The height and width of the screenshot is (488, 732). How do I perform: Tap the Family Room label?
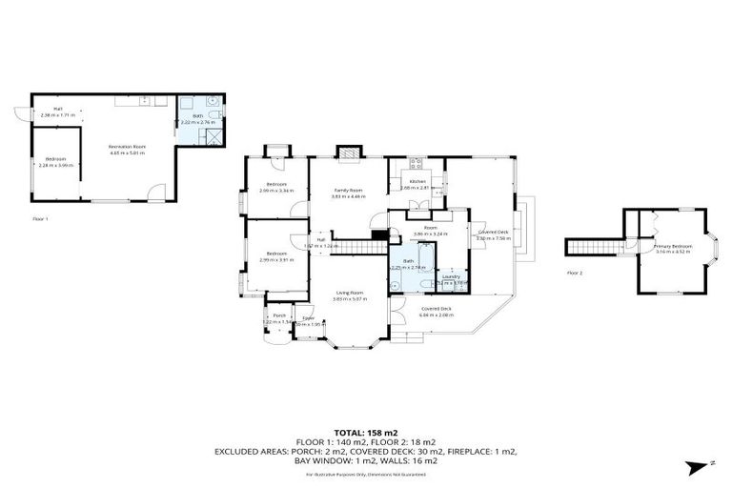coord(349,190)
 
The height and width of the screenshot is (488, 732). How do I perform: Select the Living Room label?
coord(349,293)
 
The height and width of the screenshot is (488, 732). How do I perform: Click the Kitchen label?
coord(417,181)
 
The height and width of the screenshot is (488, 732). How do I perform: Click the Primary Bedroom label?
coord(672,246)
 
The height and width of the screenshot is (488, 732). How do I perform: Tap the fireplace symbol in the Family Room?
coord(349,152)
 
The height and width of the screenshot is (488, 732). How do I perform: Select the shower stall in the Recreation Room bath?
coord(216,135)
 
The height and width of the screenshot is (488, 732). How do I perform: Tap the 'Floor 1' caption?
coord(40,218)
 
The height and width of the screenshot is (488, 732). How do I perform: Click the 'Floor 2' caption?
coord(575,273)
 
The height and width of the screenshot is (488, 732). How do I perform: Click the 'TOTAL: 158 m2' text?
coord(365,431)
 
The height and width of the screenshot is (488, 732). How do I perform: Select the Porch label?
coord(280,315)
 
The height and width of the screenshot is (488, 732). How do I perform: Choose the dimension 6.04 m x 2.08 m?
coord(437,315)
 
